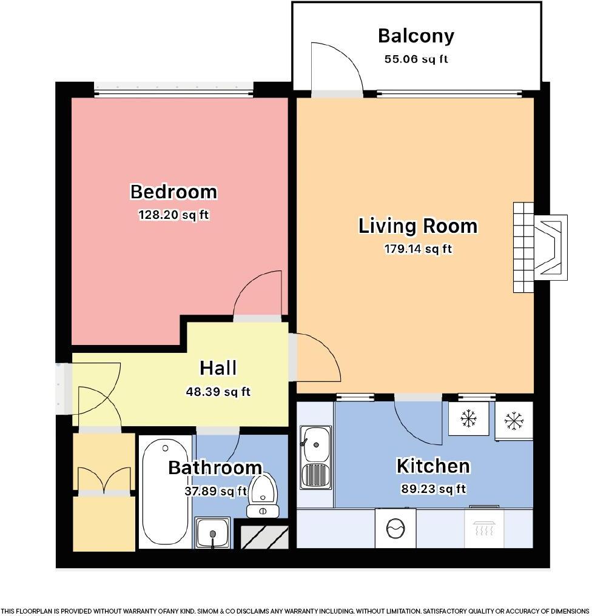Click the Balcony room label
tap(415, 36)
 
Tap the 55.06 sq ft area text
tap(415, 59)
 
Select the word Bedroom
tap(173, 192)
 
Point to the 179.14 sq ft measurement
tap(418, 249)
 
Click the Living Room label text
tap(418, 226)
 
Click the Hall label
tap(218, 368)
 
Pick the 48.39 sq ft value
tap(218, 392)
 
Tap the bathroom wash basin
tap(212, 532)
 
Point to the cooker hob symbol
tap(484, 527)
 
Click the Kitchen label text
tap(432, 466)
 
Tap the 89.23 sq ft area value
tap(432, 489)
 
